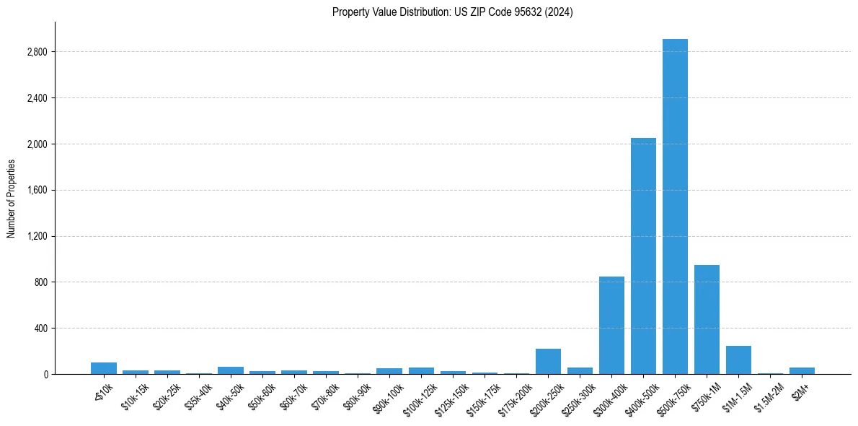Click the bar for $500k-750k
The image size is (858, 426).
(675, 207)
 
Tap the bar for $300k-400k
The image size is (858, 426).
(611, 325)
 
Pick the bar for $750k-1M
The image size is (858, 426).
(707, 319)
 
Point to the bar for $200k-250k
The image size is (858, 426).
(548, 361)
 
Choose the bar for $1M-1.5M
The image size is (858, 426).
(738, 360)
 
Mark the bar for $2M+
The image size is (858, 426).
(802, 370)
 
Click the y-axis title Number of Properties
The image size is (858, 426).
(12, 198)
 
